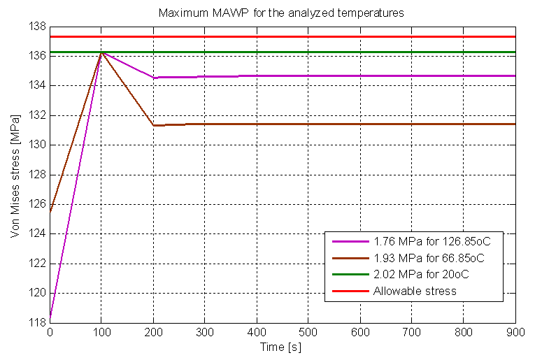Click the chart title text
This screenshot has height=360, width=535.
tap(280, 13)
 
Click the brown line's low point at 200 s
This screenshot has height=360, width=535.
tap(153, 125)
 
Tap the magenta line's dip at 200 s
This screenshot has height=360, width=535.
tap(153, 78)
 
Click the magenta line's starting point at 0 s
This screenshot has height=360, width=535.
tap(50, 318)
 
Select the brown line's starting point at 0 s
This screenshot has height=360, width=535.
tap(50, 211)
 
